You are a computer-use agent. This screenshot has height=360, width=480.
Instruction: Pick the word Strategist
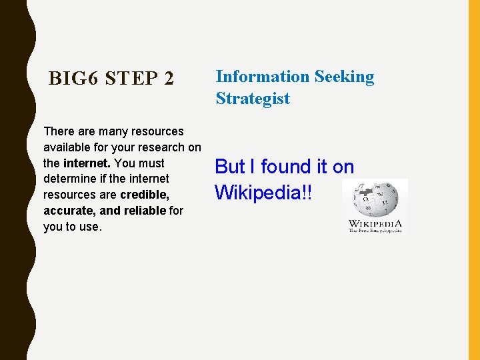point(253,99)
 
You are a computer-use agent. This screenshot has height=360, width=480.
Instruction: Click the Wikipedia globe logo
point(375,198)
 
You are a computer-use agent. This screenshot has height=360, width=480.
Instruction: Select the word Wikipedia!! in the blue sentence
point(263,193)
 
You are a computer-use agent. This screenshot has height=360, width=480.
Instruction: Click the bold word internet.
point(87,163)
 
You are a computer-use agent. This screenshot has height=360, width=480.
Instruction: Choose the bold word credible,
point(145,195)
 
